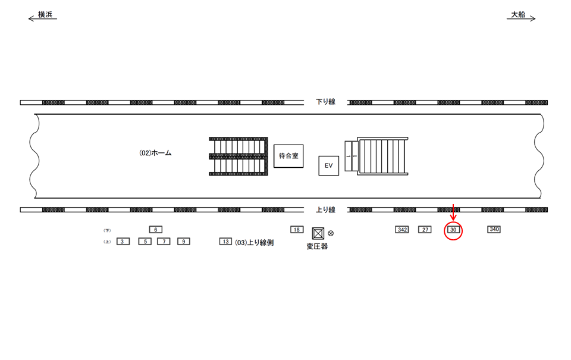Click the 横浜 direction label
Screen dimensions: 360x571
click(45, 14)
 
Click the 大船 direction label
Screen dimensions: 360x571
click(518, 14)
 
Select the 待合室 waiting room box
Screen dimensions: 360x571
click(288, 156)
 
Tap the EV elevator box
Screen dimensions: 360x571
click(328, 165)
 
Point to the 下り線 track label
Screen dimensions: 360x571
click(325, 102)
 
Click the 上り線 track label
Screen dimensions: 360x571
click(325, 209)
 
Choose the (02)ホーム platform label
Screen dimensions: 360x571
click(155, 154)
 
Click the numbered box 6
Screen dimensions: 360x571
click(155, 230)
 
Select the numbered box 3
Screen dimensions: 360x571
click(123, 242)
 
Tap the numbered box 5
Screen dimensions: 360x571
click(145, 242)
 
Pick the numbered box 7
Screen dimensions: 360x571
click(164, 242)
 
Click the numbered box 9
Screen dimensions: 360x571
click(184, 242)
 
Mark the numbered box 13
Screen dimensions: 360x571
click(225, 242)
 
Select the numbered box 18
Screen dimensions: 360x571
click(296, 230)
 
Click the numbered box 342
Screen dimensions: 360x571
click(403, 230)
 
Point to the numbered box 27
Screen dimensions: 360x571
click(425, 230)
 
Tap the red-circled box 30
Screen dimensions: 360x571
click(453, 230)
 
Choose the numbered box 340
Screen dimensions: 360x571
click(494, 229)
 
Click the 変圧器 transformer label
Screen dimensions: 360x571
click(317, 246)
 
